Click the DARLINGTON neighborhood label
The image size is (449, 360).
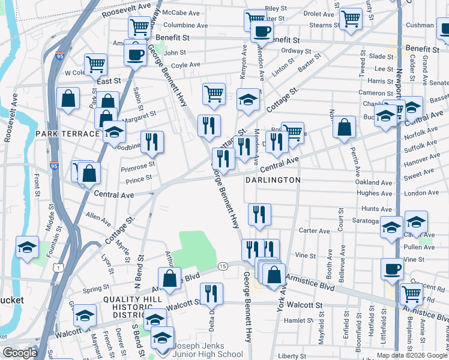[x=273, y=179]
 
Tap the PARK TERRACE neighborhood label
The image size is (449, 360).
[x=66, y=133]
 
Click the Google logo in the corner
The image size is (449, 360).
[x=20, y=353]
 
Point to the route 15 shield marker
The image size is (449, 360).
[x=223, y=266]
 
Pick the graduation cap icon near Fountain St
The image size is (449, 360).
[x=27, y=247]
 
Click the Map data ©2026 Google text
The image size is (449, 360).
[x=412, y=355]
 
